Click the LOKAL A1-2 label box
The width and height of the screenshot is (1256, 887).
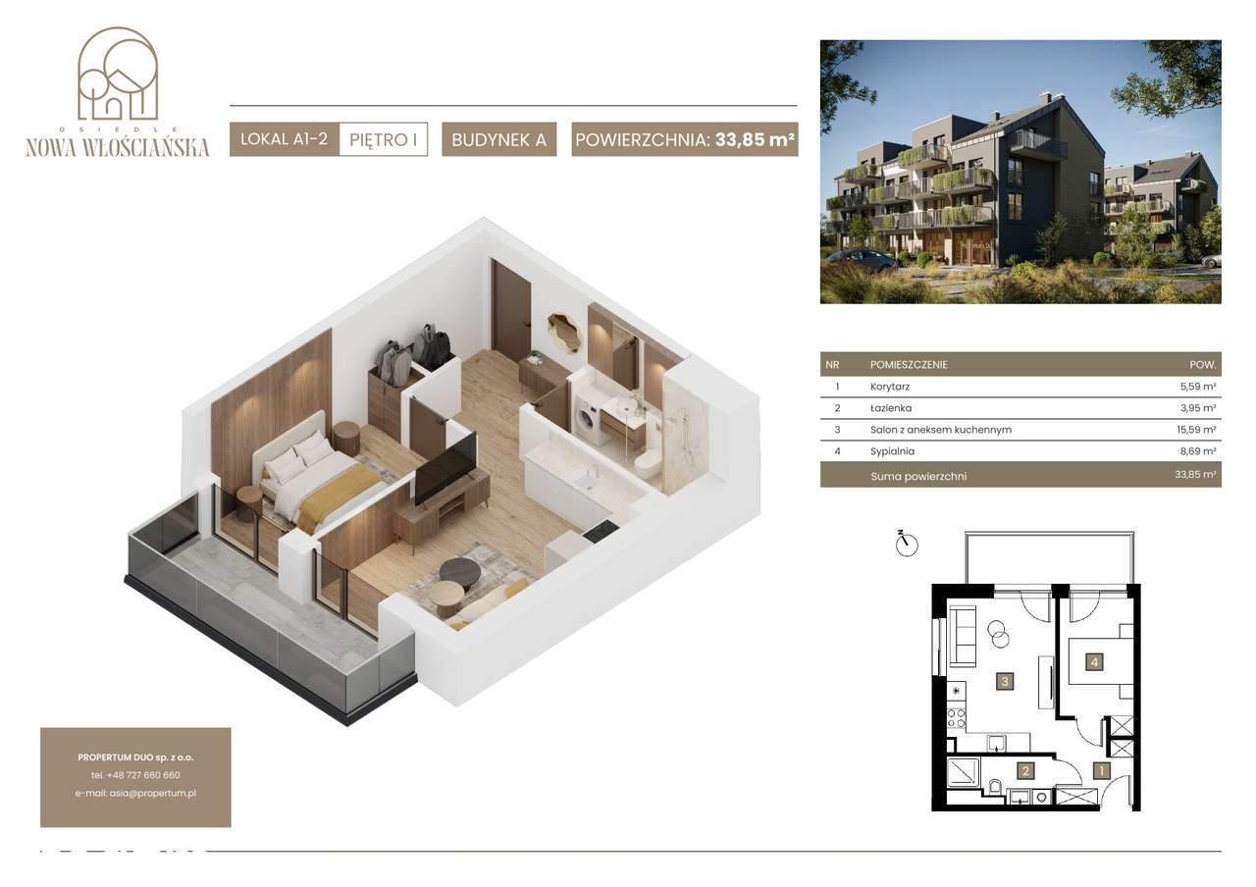click(285, 139)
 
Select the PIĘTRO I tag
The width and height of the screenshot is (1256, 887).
click(384, 139)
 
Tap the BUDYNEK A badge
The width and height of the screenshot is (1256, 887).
click(499, 139)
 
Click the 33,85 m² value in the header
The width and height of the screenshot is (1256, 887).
click(755, 139)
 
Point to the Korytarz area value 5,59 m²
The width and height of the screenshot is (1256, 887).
click(1198, 387)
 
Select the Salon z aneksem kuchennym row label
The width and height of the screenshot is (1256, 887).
click(941, 430)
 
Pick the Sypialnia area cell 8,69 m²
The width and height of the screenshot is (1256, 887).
click(1198, 450)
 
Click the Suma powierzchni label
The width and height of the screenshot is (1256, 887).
click(918, 477)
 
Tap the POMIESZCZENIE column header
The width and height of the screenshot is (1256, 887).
click(909, 364)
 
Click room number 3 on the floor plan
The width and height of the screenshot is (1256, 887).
click(1005, 681)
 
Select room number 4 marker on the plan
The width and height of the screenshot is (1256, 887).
click(1094, 662)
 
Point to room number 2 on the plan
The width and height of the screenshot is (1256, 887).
click(1025, 771)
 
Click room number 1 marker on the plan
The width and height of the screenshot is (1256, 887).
click(1101, 771)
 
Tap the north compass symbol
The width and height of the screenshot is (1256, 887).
click(906, 544)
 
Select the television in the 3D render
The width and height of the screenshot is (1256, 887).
click(445, 469)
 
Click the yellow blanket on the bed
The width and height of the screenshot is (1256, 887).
click(337, 497)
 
